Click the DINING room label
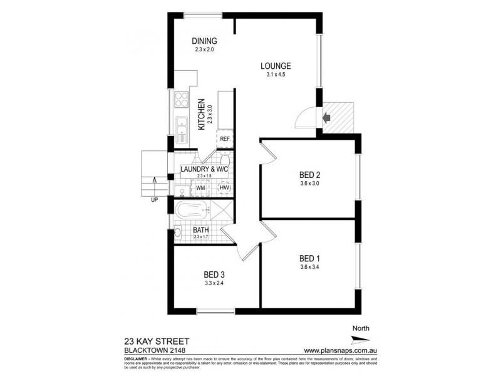coord(205,41)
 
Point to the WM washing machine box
coord(201,187)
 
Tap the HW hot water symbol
coord(224,187)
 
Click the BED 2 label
coord(309,175)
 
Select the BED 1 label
coord(309,259)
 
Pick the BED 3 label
coord(214,274)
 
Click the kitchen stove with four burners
coord(182,100)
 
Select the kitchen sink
coord(182,127)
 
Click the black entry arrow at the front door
coord(326,117)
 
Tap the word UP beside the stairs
coord(153,200)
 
